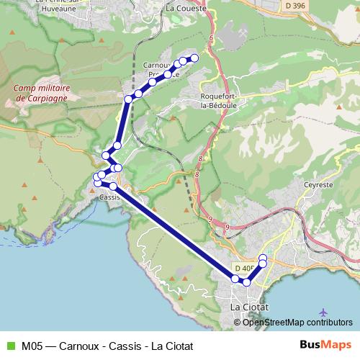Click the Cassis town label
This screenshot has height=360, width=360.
pos(109,197)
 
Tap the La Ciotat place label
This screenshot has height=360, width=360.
pos(248,307)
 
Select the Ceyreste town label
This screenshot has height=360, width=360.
pos(319,184)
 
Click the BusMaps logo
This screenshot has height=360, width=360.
pos(325,346)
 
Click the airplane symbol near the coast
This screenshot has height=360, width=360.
pos(322,312)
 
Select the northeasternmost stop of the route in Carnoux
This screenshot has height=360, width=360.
pos(194,58)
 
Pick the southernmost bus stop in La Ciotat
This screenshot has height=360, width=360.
pos(246,282)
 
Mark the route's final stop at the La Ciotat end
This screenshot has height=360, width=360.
pos(263,258)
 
